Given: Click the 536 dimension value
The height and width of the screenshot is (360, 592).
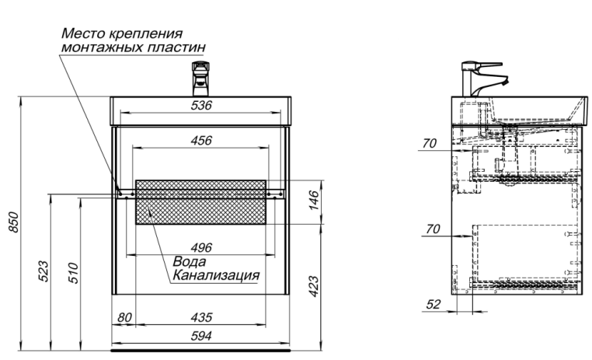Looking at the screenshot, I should [x=201, y=106].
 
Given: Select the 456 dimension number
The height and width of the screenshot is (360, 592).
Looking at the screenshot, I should [x=201, y=141].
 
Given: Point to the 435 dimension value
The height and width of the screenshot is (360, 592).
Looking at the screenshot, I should [x=202, y=317].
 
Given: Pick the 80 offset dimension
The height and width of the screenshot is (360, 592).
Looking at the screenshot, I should [x=124, y=317].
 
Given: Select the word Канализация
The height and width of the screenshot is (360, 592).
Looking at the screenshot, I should [x=215, y=275].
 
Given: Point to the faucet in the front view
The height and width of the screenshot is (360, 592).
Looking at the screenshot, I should [x=201, y=79].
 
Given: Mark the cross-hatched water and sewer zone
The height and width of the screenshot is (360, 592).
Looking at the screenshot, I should [x=204, y=201].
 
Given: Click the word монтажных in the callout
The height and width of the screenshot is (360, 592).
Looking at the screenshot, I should [x=104, y=47].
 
